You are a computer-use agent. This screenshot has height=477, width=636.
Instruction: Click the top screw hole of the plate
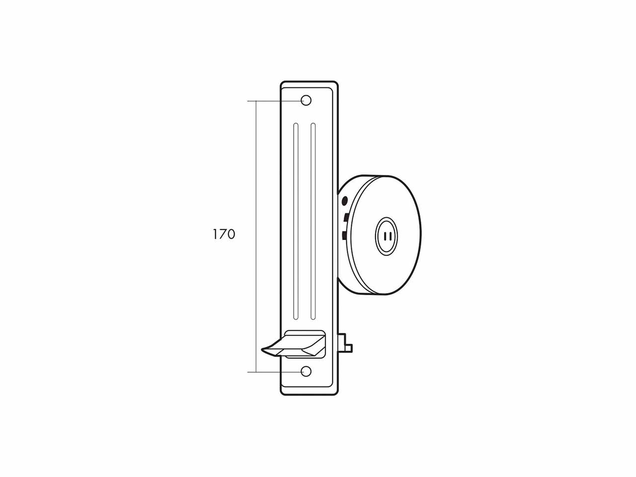pyautogui.click(x=307, y=100)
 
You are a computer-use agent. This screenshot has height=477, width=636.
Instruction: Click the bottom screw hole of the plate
pyautogui.click(x=307, y=371)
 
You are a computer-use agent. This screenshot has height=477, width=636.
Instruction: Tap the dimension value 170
pyautogui.click(x=224, y=234)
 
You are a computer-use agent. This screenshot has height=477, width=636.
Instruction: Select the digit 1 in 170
pyautogui.click(x=215, y=234)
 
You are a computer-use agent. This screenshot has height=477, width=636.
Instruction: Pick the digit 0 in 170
pyautogui.click(x=231, y=234)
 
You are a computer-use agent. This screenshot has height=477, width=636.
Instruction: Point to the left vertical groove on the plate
pyautogui.click(x=296, y=221)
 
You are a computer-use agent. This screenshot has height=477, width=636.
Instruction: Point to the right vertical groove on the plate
pyautogui.click(x=313, y=221)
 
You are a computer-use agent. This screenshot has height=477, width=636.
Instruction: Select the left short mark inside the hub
pyautogui.click(x=385, y=236)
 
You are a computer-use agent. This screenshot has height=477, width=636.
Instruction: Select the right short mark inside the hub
pyautogui.click(x=391, y=236)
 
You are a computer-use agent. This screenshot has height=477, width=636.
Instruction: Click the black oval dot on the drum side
pyautogui.click(x=345, y=201)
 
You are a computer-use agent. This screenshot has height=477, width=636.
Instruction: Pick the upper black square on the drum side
pyautogui.click(x=346, y=217)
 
